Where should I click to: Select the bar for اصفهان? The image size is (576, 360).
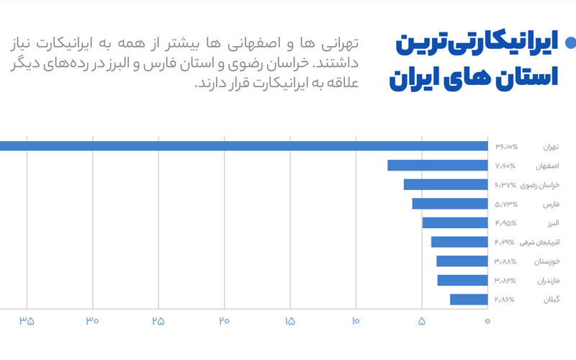(x=437, y=166)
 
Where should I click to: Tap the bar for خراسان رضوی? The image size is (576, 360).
(x=445, y=184)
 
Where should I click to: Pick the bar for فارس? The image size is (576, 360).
(x=449, y=204)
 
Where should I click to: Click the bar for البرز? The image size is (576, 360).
(x=454, y=222)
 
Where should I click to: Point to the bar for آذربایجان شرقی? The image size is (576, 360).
(x=459, y=242)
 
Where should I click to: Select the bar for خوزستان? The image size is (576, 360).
(x=462, y=261)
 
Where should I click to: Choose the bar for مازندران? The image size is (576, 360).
(x=462, y=280)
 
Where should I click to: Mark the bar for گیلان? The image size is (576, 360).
(x=469, y=299)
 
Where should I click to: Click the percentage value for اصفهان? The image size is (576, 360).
(x=506, y=166)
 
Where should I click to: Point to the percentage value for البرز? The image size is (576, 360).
(x=506, y=222)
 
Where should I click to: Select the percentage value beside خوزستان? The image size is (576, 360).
(x=506, y=261)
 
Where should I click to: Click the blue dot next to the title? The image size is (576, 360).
(x=570, y=43)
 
